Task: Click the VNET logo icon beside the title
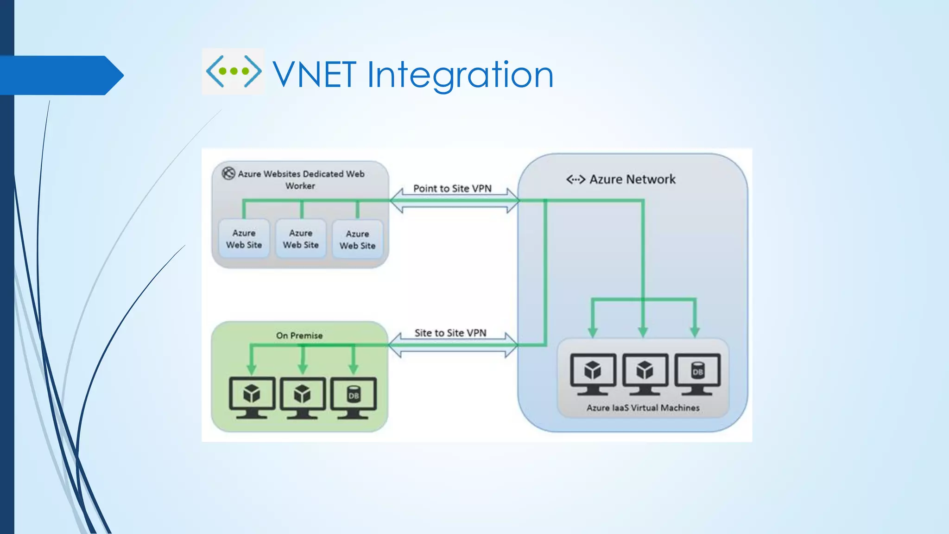pos(233,71)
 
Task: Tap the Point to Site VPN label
pos(452,189)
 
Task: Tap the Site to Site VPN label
pos(450,333)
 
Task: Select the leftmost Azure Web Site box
pos(244,239)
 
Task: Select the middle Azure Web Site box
pos(301,239)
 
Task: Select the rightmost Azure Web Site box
pos(357,240)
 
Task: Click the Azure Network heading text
pos(632,179)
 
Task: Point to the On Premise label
pos(299,335)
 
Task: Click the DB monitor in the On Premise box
pos(354,397)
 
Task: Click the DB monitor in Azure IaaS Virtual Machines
pos(697,373)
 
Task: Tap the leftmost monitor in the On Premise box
pos(252,397)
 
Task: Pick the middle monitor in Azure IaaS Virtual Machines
pos(645,373)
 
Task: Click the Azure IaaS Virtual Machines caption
pos(643,408)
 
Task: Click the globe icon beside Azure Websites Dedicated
pos(228,173)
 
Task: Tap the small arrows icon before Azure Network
pos(576,179)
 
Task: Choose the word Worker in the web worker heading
pos(300,186)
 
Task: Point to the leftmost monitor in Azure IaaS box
pos(593,373)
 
